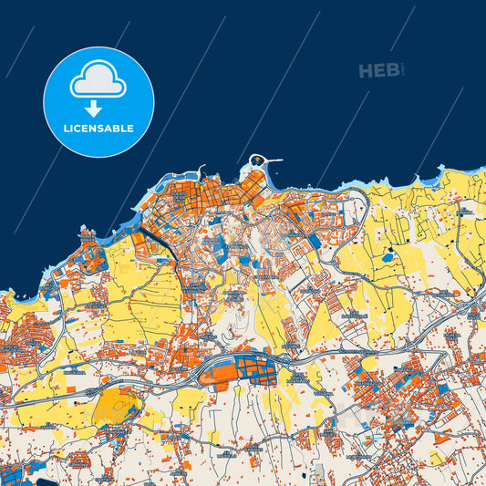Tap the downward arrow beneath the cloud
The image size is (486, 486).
pyautogui.click(x=98, y=109)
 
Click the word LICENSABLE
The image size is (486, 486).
pyautogui.click(x=98, y=129)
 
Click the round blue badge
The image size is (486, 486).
pyautogui.click(x=98, y=101)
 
